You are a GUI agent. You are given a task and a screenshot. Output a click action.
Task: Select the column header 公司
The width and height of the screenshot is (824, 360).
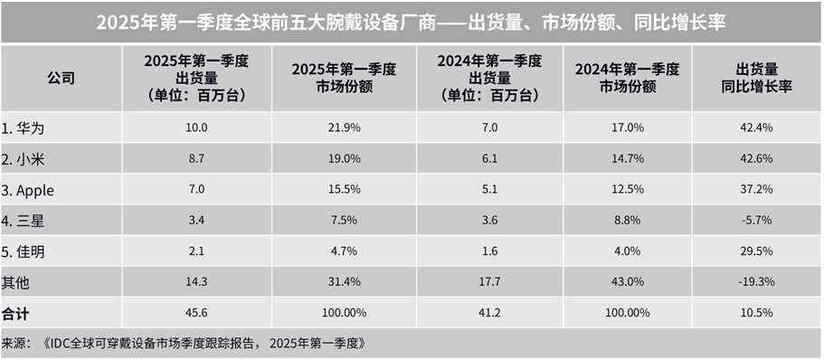[x=61, y=79]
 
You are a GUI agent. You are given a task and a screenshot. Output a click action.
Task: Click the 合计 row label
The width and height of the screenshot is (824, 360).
[x=15, y=313]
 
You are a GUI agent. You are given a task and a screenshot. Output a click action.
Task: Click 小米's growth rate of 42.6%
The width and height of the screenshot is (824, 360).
[x=757, y=159]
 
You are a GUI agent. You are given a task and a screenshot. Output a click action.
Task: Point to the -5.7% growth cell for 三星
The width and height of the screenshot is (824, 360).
[x=757, y=221]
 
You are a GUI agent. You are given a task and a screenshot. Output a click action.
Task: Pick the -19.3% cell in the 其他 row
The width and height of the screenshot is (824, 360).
[x=757, y=282]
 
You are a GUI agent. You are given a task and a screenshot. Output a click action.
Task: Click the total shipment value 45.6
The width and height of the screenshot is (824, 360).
[x=196, y=313]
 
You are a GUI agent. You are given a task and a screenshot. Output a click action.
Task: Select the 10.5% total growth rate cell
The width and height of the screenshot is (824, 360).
[x=757, y=313]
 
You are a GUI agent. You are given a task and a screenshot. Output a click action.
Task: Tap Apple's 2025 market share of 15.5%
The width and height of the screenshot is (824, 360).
[x=343, y=190]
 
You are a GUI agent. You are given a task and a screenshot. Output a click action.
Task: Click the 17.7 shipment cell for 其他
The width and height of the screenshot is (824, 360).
[x=489, y=282]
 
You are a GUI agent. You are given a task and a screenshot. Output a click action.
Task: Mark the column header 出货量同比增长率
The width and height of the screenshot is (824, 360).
[x=757, y=79]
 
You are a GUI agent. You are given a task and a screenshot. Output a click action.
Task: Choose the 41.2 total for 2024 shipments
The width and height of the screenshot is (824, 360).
[x=489, y=313]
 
